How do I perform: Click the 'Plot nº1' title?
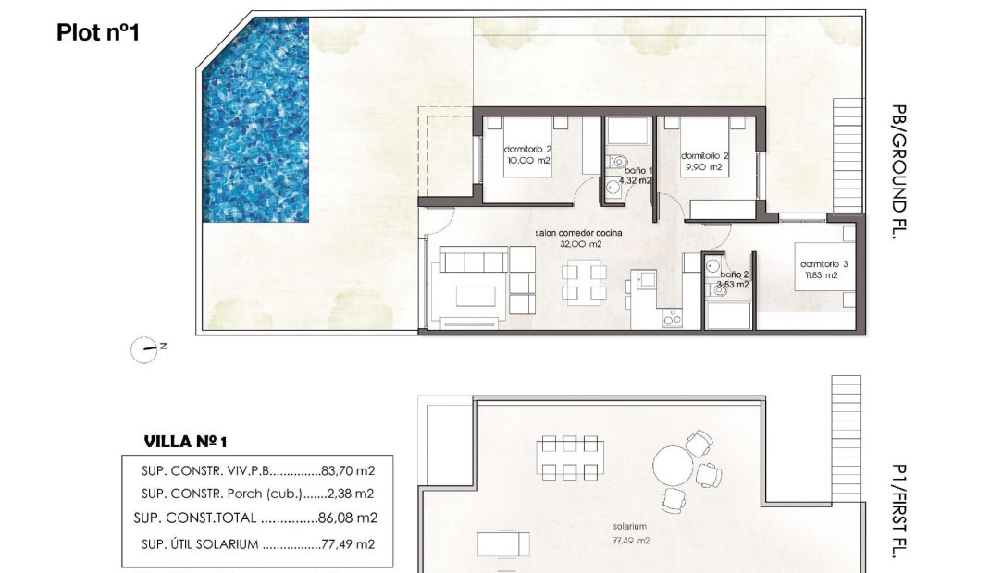coord(98,32)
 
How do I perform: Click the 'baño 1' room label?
coord(637,170)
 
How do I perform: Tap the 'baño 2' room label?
coord(735,274)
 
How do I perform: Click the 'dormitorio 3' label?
coord(823,263)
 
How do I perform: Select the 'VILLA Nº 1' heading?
coord(186,441)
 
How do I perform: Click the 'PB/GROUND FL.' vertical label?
coord(896,172)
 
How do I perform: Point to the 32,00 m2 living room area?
coord(580,245)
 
